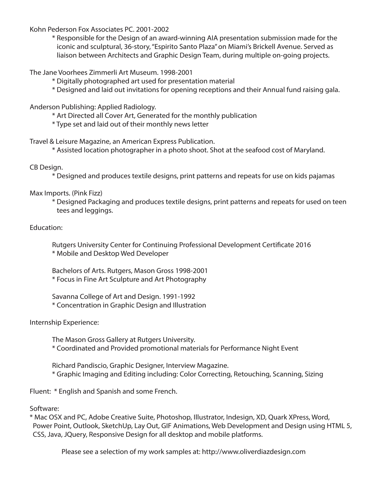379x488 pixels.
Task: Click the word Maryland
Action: coord(309,150)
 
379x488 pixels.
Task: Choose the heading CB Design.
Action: coord(46,167)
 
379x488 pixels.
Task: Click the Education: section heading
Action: coord(46,227)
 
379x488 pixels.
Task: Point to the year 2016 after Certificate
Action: coord(303,245)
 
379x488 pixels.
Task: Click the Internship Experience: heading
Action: coord(64,322)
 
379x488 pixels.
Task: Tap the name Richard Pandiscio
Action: coord(79,365)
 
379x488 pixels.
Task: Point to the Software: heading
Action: coord(44,409)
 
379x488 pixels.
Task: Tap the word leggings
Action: coord(99,210)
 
